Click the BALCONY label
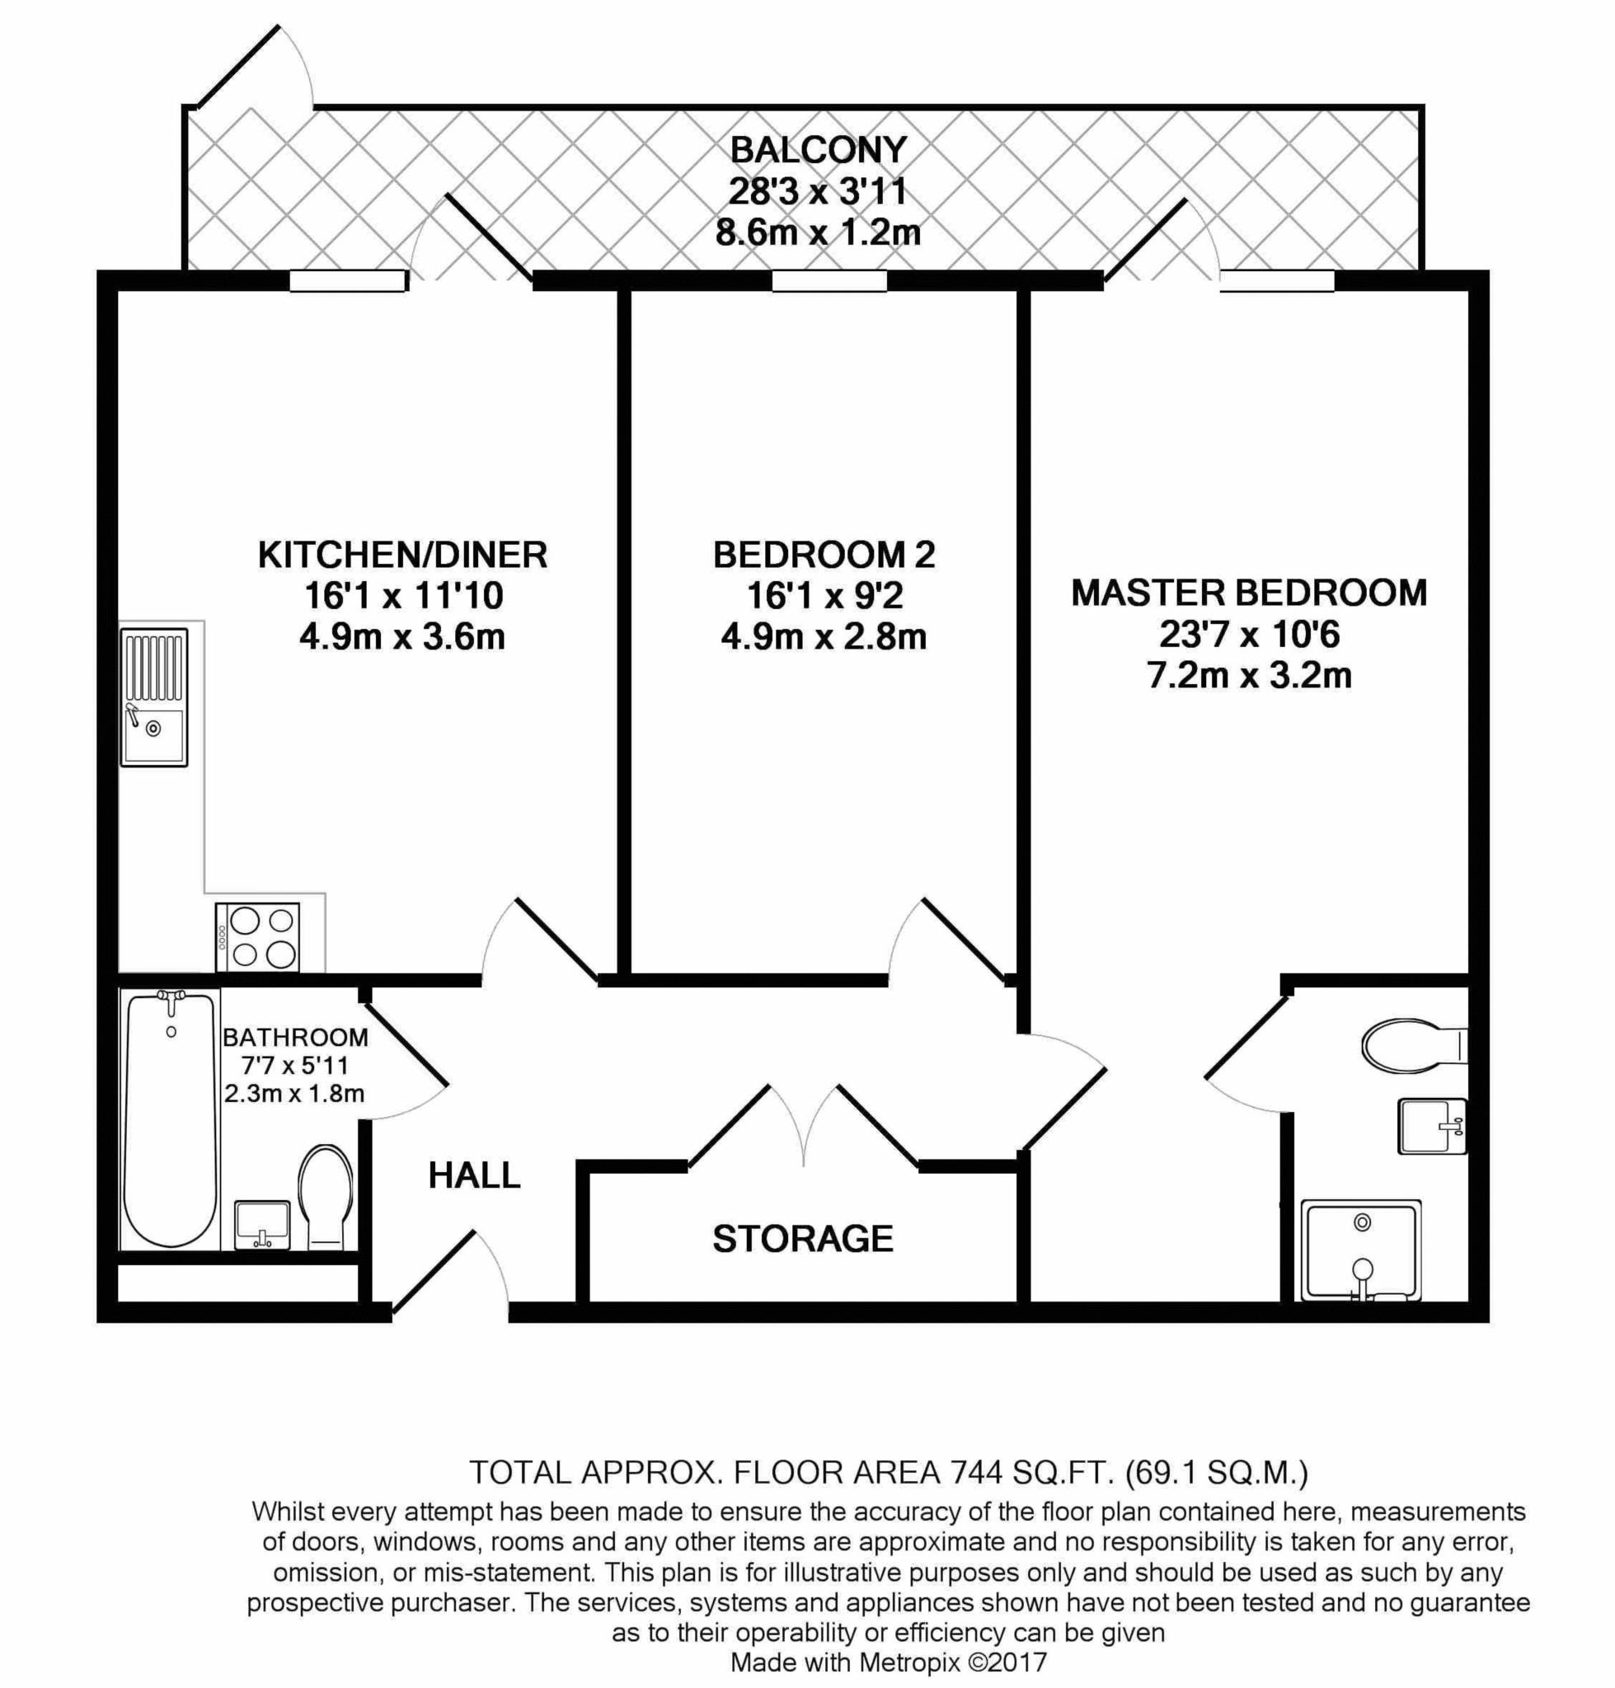click(818, 150)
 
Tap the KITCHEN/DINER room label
click(403, 555)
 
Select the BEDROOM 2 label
click(824, 555)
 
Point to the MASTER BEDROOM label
click(1249, 593)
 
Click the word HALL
click(474, 1175)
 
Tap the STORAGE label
click(802, 1239)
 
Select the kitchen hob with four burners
click(257, 937)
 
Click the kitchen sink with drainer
click(154, 697)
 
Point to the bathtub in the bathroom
click(170, 1119)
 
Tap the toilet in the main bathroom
click(326, 1197)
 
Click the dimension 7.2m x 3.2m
click(1249, 676)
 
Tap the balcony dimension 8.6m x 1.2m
click(818, 232)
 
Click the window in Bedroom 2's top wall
click(829, 280)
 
